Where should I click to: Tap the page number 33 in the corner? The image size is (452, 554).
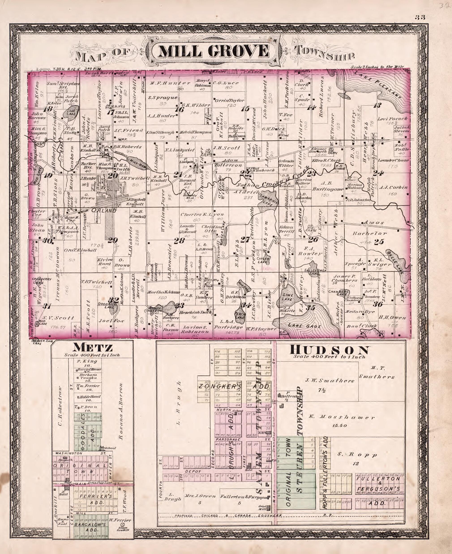420,17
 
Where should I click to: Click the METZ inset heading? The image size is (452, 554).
93,348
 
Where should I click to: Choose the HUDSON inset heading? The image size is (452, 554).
330,350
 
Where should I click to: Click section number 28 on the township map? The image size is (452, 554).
179,241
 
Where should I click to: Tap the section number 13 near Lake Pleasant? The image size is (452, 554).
377,105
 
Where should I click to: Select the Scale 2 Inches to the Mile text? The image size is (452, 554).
377,67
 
